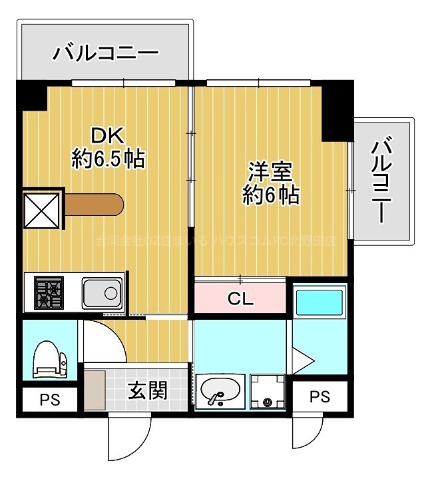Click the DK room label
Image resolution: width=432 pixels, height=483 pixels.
tap(108, 135)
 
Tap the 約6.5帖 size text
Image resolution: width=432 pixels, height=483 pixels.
tap(108, 159)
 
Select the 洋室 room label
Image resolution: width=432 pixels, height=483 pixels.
tap(270, 171)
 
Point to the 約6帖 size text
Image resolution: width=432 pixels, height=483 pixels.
tap(270, 195)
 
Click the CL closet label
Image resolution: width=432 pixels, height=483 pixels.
tap(241, 299)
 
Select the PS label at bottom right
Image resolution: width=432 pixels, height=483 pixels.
tap(320, 397)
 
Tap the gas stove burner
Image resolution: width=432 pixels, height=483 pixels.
tap(49, 293)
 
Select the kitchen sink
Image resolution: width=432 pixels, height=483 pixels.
tap(102, 292)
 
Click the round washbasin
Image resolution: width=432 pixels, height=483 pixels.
tap(220, 392)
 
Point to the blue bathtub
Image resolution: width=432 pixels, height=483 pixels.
tap(319, 302)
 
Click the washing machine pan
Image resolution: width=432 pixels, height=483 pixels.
tap(267, 392)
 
